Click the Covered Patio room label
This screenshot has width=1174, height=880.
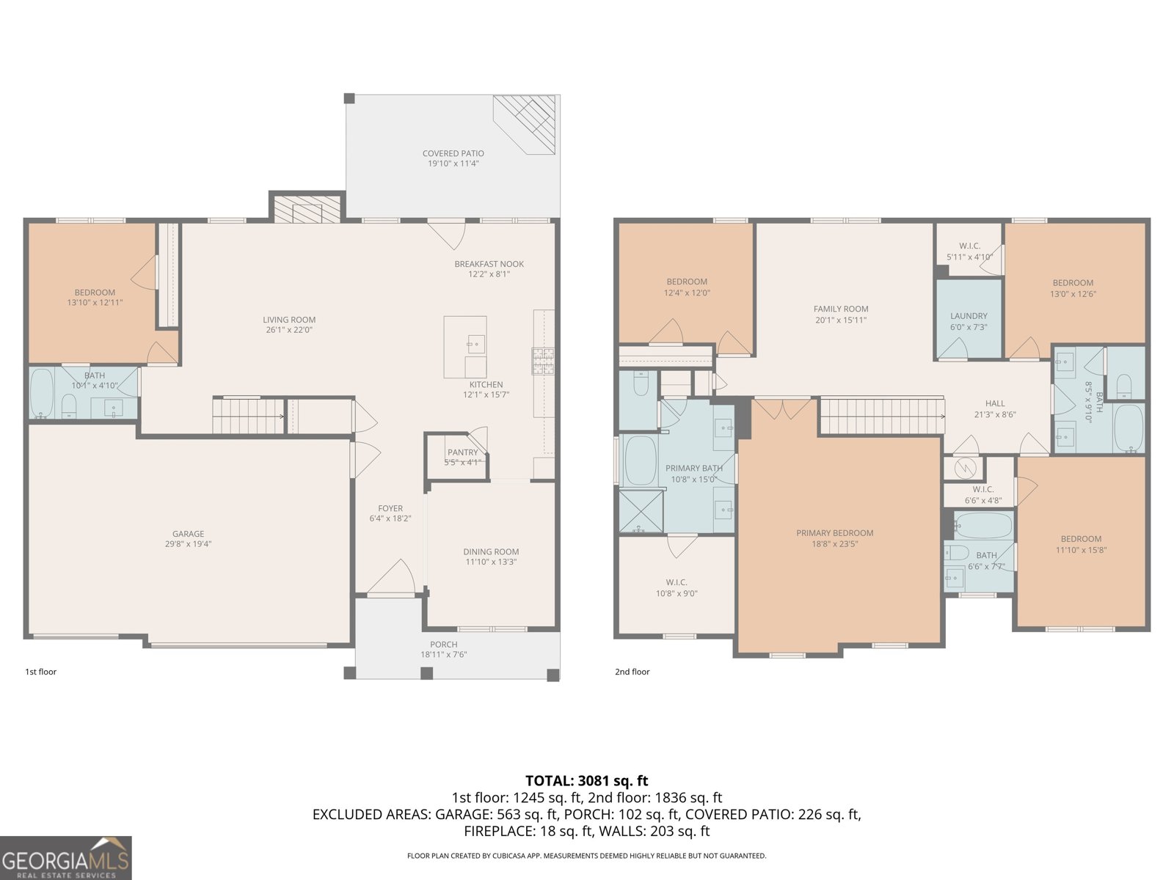click(x=453, y=153)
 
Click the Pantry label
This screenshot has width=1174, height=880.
click(x=462, y=452)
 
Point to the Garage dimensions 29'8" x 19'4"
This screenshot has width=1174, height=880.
click(x=189, y=544)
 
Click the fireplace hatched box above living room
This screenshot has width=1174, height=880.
click(x=307, y=208)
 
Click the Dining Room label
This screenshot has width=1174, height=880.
click(x=491, y=551)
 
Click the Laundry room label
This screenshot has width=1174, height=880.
click(x=969, y=316)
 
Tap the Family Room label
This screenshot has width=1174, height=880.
click(x=841, y=309)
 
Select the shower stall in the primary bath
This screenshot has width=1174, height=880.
click(x=641, y=511)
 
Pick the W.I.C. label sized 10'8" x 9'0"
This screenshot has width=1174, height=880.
click(x=677, y=583)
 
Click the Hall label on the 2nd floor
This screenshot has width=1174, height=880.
click(x=995, y=403)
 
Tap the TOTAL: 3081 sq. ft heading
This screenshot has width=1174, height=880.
click(x=586, y=781)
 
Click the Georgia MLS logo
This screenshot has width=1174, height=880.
click(x=66, y=858)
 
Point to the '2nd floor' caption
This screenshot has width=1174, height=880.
click(x=632, y=672)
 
